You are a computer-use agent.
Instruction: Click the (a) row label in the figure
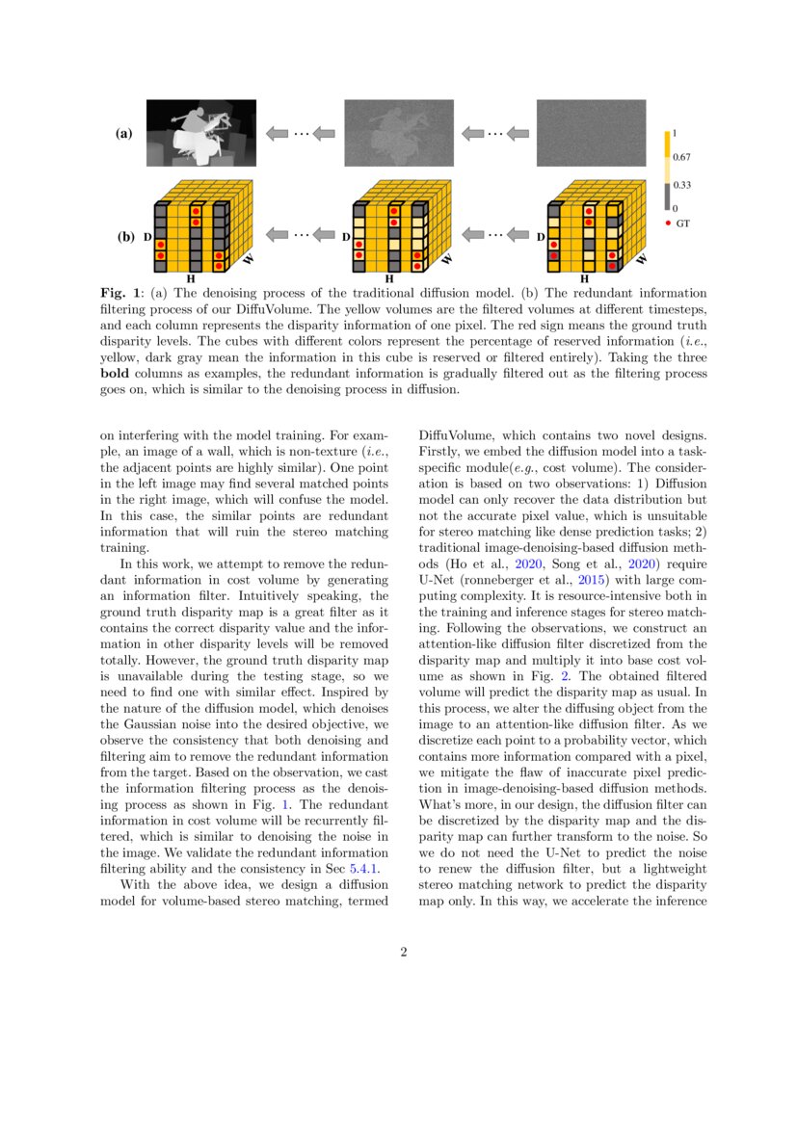pyautogui.click(x=123, y=134)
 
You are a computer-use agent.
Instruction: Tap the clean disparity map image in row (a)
pyautogui.click(x=200, y=133)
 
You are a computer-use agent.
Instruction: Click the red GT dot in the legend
pyautogui.click(x=669, y=223)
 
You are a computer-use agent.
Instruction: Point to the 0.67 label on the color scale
pyautogui.click(x=682, y=156)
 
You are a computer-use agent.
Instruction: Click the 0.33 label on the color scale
pyautogui.click(x=682, y=184)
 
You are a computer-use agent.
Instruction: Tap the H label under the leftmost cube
pyautogui.click(x=190, y=278)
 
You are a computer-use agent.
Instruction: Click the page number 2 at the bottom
pyautogui.click(x=404, y=953)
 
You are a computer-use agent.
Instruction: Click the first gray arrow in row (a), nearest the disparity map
pyautogui.click(x=278, y=133)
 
